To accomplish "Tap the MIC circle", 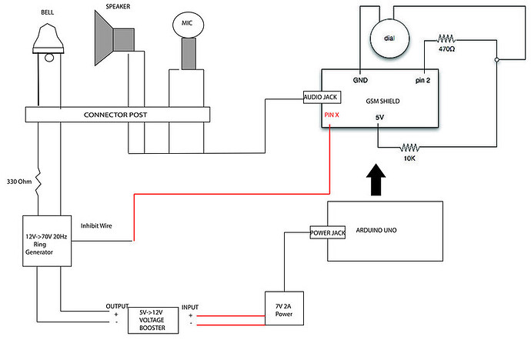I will pyautogui.click(x=186, y=24).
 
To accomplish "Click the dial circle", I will pyautogui.click(x=390, y=35).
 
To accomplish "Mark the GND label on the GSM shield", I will pyautogui.click(x=359, y=79).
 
